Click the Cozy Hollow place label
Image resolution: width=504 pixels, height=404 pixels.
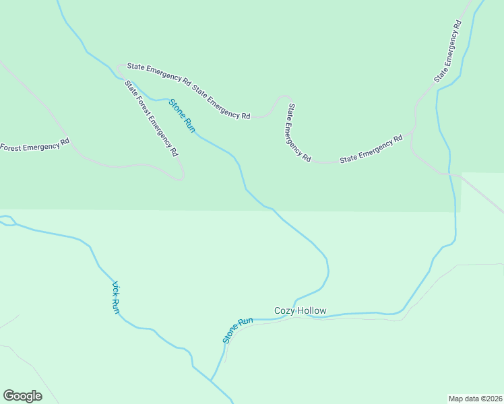point(300,310)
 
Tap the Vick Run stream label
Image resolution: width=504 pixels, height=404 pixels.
point(116,297)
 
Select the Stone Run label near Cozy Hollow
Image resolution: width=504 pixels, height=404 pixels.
point(237,329)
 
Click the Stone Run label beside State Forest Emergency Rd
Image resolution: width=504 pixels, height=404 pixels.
point(182,115)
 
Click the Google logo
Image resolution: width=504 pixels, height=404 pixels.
point(22,396)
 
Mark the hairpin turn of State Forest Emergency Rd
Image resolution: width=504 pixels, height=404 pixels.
point(182,177)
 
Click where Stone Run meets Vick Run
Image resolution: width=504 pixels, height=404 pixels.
point(211,380)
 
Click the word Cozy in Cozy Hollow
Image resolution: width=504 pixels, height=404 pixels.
point(282,310)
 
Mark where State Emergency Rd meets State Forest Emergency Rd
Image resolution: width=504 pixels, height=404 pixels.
point(121,67)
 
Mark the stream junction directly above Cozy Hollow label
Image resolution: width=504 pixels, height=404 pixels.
point(294,297)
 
